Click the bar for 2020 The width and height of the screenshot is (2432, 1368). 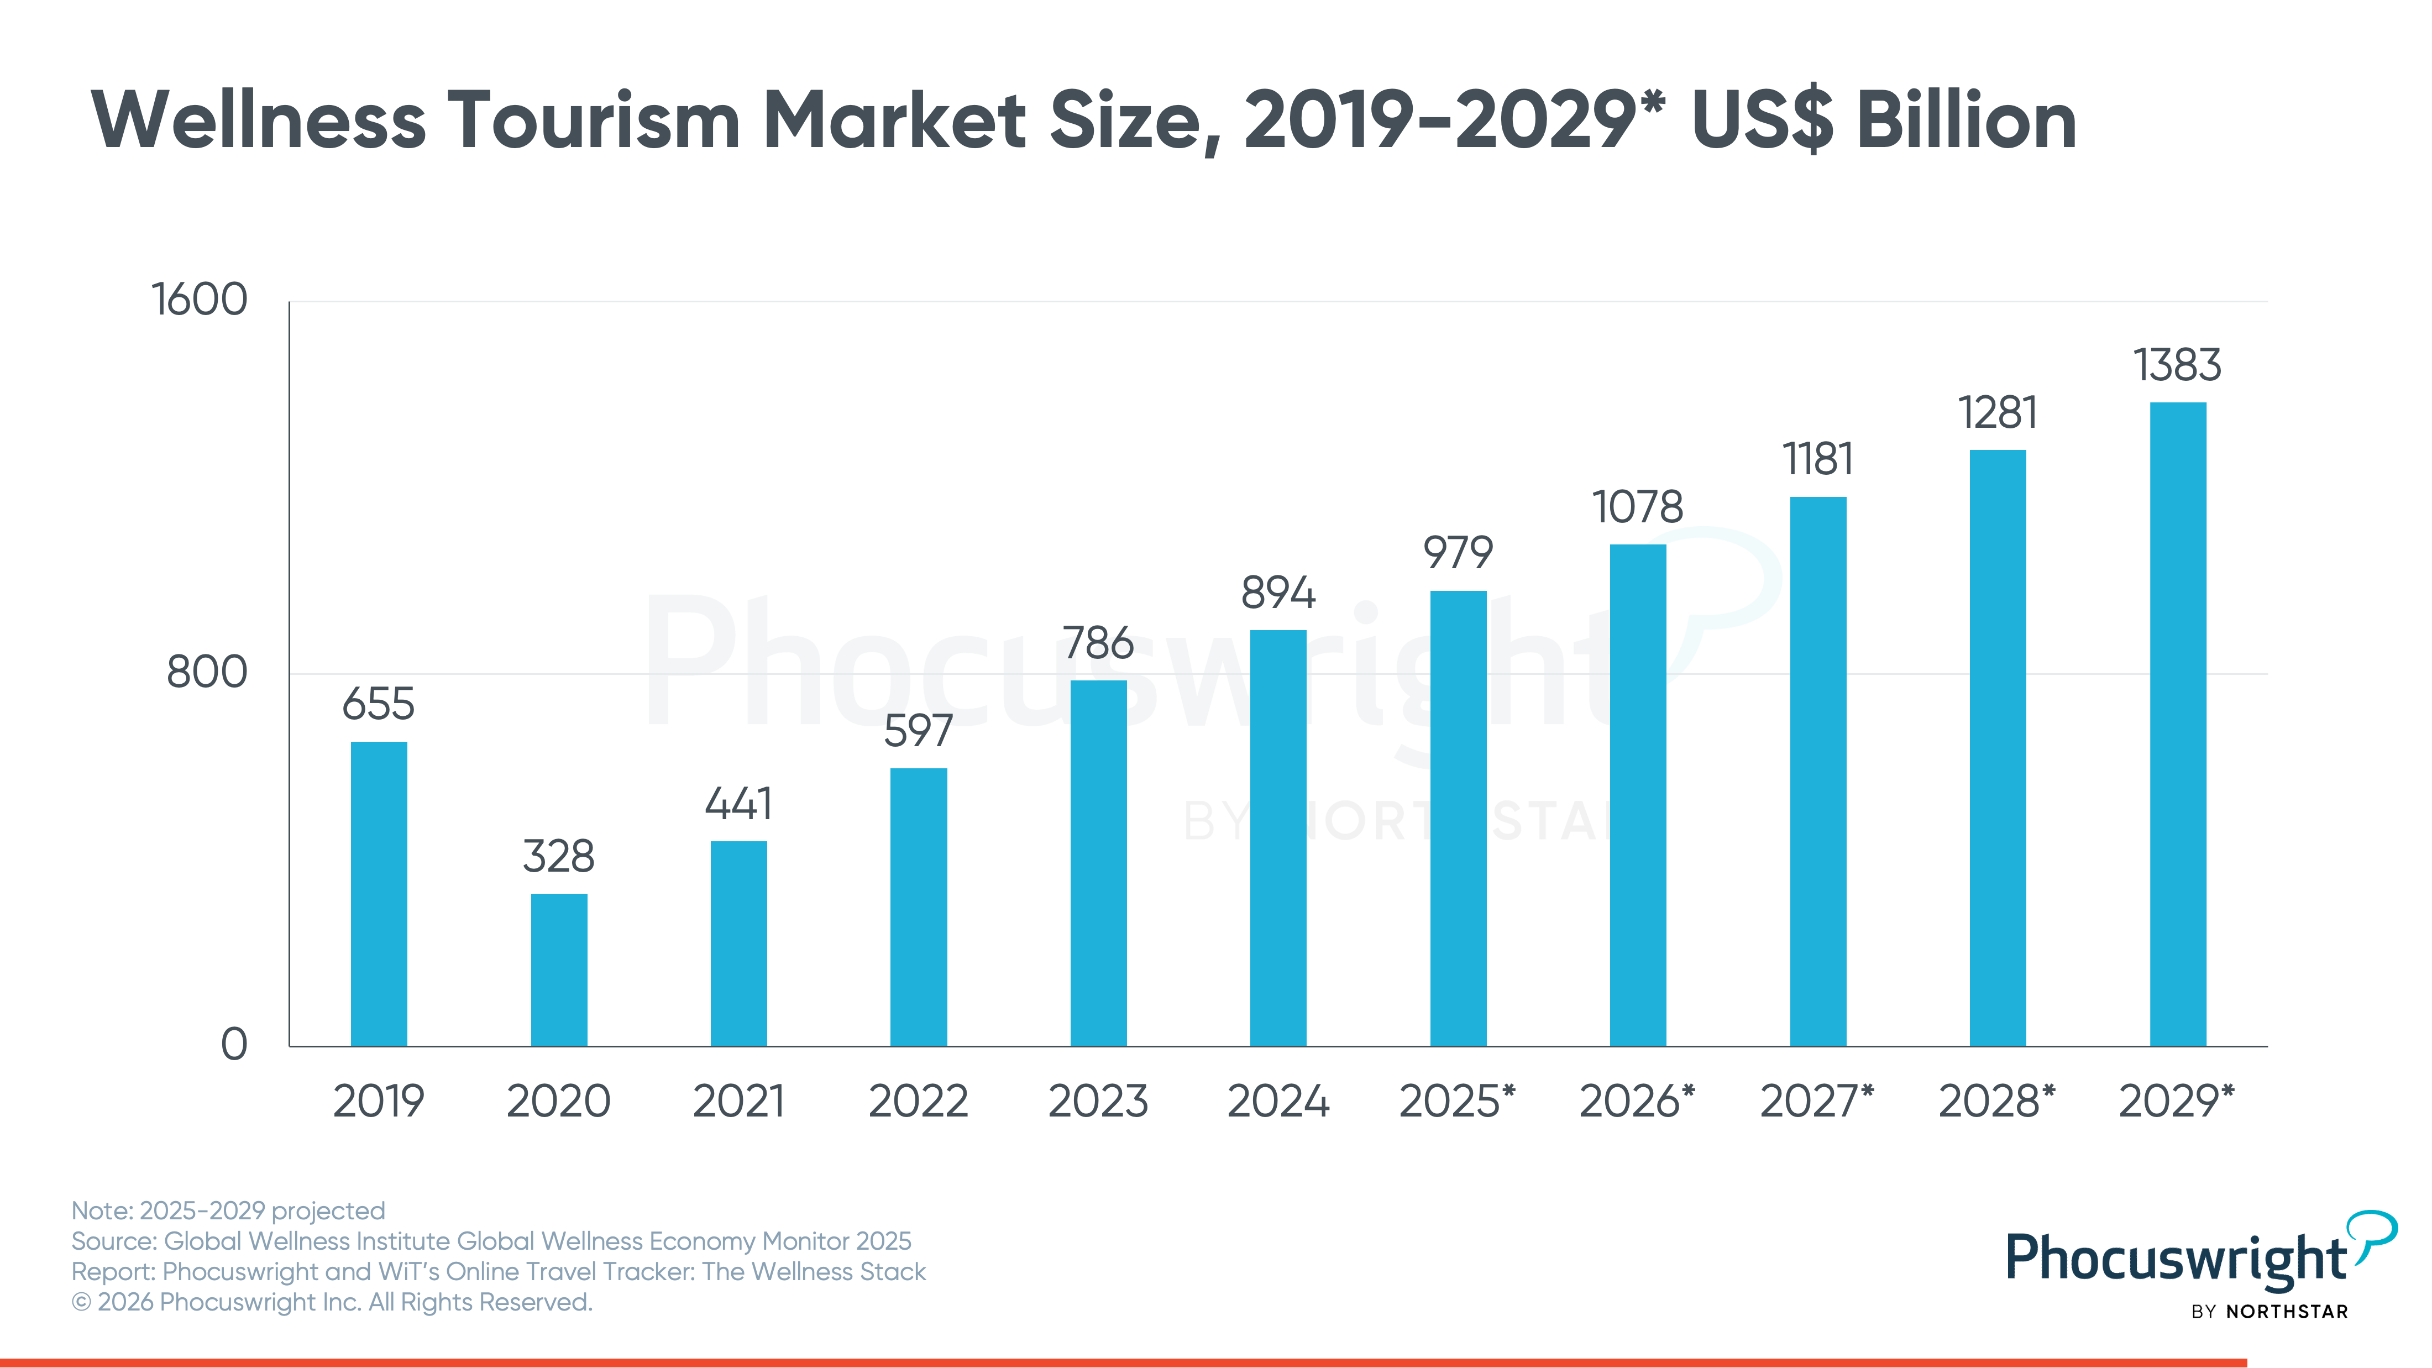click(x=559, y=969)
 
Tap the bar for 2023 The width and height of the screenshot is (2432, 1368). click(x=1098, y=863)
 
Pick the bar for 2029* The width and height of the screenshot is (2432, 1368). click(x=2178, y=724)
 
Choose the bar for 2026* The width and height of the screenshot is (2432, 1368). click(x=1638, y=795)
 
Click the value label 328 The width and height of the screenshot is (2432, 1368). click(x=559, y=856)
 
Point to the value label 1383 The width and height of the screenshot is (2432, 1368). click(x=2178, y=364)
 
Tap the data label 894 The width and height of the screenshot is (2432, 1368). click(x=1278, y=593)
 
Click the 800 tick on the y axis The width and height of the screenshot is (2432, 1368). click(x=207, y=672)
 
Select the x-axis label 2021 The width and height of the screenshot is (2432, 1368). click(x=738, y=1101)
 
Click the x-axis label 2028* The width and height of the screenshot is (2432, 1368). click(x=1997, y=1101)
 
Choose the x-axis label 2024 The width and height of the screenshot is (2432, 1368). click(x=1278, y=1101)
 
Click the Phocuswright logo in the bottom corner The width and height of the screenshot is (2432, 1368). click(x=2200, y=1263)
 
